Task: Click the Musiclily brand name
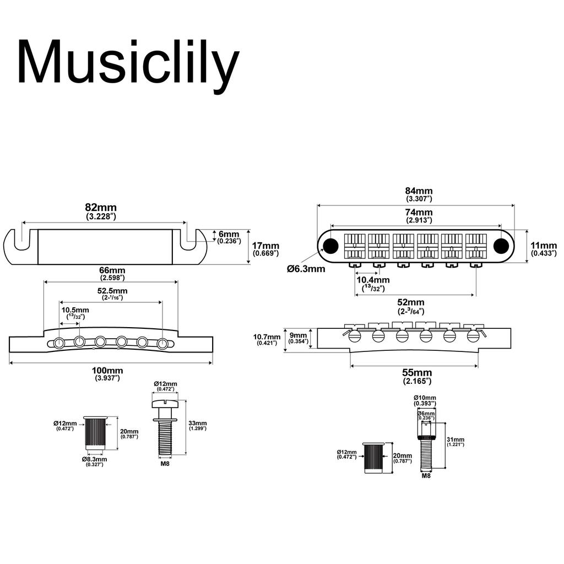tap(128, 62)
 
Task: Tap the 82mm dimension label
tap(101, 208)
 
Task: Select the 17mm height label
tap(266, 246)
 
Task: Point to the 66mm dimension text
tap(112, 270)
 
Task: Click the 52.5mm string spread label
tap(112, 291)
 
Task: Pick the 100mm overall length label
tap(107, 371)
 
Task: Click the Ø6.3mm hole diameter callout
tap(306, 269)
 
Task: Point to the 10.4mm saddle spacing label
tap(369, 280)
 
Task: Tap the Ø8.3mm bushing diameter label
tap(94, 458)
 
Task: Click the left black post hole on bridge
tap(331, 245)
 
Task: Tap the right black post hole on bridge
tap(501, 245)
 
